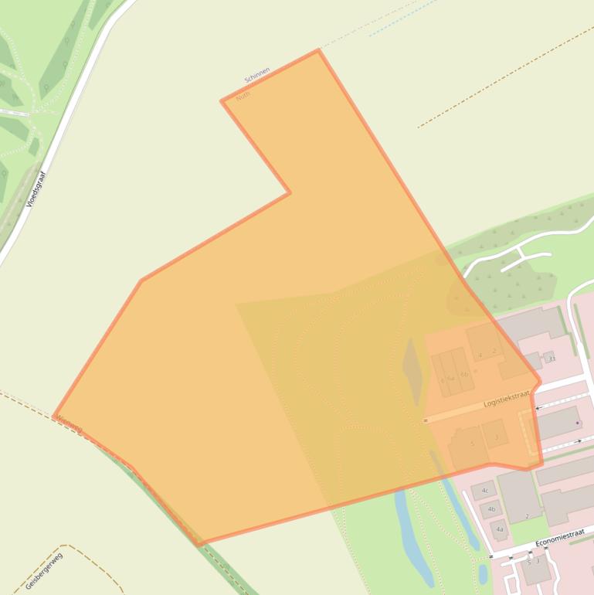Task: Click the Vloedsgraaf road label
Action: point(36,189)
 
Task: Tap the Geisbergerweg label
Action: point(43,570)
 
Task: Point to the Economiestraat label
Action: point(560,536)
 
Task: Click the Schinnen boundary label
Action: point(257,75)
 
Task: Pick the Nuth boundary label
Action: point(243,97)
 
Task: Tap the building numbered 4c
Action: point(484,491)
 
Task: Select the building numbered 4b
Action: point(491,509)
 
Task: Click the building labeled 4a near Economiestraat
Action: point(500,529)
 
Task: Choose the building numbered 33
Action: point(551,359)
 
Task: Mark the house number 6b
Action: point(464,375)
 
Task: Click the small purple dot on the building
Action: point(577,423)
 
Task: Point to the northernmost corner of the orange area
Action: point(317,50)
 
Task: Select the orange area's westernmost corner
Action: point(53,416)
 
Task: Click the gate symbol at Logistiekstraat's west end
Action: point(426,420)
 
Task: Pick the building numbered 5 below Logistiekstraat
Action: point(471,445)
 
